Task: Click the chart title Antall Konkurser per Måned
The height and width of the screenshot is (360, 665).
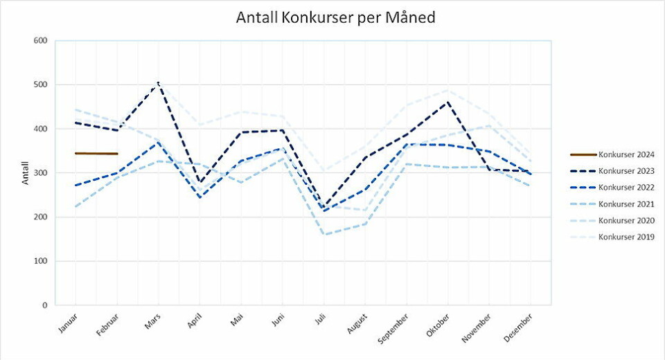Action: (335, 17)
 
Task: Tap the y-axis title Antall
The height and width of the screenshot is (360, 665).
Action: (26, 173)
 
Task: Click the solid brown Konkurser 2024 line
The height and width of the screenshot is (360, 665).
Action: (96, 153)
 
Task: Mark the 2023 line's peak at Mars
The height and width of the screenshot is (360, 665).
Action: (159, 83)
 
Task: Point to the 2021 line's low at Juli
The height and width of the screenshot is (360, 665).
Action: (323, 235)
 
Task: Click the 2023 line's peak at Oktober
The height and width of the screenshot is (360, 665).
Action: (448, 102)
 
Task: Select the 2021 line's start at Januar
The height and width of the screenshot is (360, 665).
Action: (76, 206)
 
